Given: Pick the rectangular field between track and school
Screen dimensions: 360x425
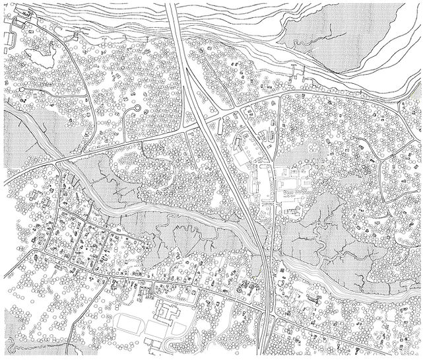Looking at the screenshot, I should pos(157,328).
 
